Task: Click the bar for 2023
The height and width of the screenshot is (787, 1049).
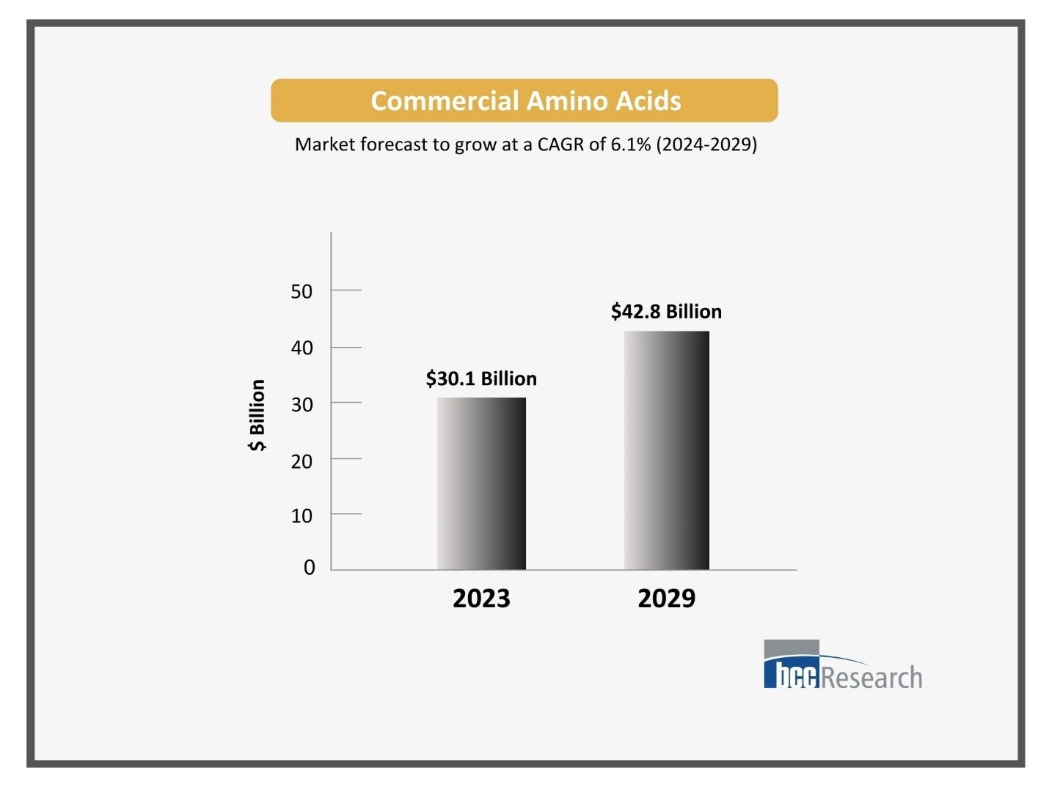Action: point(481,483)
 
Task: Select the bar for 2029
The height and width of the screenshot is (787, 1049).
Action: point(666,450)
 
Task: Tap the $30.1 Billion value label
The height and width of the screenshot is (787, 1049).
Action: point(481,378)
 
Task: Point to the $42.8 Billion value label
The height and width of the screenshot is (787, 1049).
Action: point(666,312)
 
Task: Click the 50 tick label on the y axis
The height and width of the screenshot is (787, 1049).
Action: point(301,292)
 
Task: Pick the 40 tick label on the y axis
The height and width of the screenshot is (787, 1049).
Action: point(301,348)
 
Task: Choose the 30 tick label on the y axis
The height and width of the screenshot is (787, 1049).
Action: point(301,405)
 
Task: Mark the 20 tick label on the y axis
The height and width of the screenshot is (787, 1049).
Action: point(301,461)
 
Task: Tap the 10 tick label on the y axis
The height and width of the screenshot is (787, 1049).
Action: point(301,516)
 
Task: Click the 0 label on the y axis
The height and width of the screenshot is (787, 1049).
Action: point(310,568)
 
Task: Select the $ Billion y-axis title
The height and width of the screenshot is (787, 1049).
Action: point(257,415)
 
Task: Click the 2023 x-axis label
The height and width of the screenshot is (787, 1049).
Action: point(481,599)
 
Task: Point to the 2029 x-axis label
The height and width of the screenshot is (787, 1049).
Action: point(666,599)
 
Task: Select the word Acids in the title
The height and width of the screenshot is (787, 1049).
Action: point(648,101)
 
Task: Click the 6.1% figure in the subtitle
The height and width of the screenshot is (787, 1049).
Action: point(630,144)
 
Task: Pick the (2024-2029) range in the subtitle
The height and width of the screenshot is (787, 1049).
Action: point(706,144)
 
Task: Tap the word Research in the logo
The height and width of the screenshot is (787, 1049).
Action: point(871,678)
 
